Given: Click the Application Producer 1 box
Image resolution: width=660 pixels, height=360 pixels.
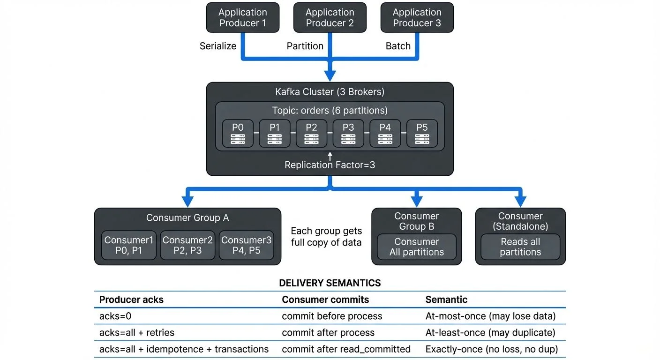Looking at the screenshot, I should (x=242, y=18).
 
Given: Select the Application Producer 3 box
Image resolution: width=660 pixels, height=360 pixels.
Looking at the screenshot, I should (x=417, y=18).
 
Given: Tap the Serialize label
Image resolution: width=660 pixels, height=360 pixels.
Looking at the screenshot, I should (x=218, y=46).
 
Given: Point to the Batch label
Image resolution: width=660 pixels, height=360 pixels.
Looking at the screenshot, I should (x=398, y=46).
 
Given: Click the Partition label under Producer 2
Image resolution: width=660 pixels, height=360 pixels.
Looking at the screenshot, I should (x=305, y=46).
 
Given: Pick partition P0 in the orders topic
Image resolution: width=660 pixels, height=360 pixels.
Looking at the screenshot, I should (x=238, y=134).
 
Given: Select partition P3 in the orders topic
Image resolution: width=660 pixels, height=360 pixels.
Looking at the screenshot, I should (x=348, y=134).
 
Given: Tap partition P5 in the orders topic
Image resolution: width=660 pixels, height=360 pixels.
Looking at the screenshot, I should (x=422, y=134).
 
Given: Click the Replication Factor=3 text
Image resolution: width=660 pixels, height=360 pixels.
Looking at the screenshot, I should (x=330, y=165).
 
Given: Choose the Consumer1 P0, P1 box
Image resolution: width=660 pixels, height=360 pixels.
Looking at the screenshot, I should (x=129, y=245).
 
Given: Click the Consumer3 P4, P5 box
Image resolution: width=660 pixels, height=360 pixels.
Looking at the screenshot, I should (x=246, y=245).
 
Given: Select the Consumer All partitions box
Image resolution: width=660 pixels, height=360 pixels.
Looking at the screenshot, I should (x=416, y=247).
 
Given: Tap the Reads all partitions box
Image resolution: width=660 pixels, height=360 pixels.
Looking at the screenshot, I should (x=520, y=247).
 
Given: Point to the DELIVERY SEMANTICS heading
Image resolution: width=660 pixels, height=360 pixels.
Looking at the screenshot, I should (x=330, y=283).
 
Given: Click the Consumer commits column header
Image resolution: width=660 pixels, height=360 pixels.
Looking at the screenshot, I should (x=325, y=300).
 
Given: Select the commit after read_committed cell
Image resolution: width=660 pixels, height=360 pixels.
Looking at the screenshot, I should (x=346, y=349).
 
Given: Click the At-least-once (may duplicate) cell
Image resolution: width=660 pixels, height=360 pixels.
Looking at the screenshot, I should (x=490, y=333).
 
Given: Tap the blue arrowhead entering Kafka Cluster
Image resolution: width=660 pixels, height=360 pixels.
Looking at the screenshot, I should (x=330, y=75).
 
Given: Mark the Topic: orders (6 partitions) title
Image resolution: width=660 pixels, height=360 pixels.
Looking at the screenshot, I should (x=330, y=111).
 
